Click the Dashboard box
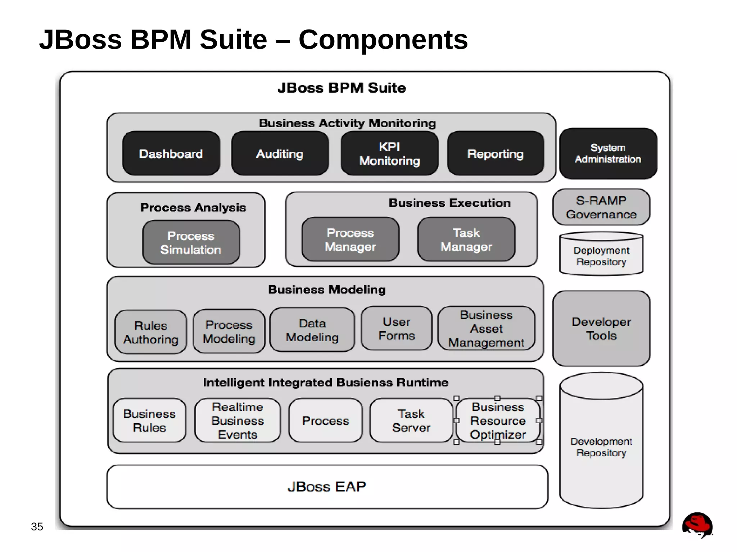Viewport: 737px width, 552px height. click(x=171, y=154)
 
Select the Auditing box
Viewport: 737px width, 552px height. click(x=280, y=154)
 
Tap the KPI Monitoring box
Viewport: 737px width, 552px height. click(x=389, y=154)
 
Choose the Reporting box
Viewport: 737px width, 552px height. click(x=495, y=154)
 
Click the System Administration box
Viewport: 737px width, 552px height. click(x=608, y=154)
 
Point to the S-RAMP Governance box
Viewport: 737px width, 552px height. click(x=601, y=207)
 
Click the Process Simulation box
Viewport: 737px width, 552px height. click(x=191, y=242)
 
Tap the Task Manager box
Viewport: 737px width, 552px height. click(x=466, y=239)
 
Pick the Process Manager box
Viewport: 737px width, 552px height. click(x=350, y=239)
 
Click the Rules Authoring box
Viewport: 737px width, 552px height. click(x=151, y=332)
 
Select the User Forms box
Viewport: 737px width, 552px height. click(x=397, y=328)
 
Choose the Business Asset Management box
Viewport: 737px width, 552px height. click(x=486, y=328)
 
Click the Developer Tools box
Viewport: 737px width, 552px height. click(x=601, y=328)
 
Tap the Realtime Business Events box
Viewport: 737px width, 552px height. click(x=238, y=420)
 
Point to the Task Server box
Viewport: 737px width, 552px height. click(x=411, y=420)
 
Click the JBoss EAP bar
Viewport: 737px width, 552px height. click(x=327, y=487)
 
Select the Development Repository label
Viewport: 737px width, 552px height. click(x=601, y=447)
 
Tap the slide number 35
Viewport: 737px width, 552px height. click(x=37, y=526)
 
